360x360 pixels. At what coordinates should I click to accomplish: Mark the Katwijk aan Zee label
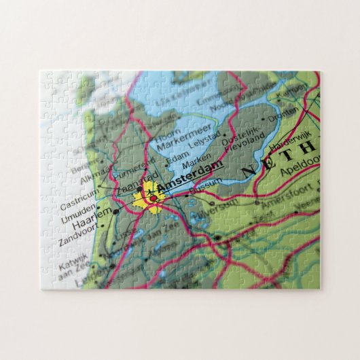tap(69, 262)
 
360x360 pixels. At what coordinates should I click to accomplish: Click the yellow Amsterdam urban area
tap(145, 198)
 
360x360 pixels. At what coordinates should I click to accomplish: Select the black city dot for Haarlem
tap(115, 211)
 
